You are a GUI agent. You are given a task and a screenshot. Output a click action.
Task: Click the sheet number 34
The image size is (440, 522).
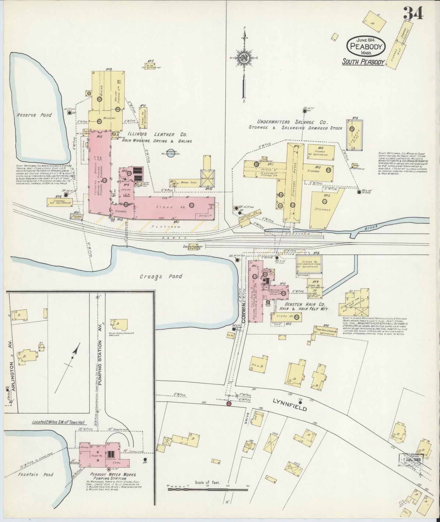(x=413, y=13)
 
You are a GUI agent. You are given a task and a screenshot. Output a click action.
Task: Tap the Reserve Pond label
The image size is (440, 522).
(x=38, y=115)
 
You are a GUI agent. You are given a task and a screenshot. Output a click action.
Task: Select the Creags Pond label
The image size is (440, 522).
(x=161, y=276)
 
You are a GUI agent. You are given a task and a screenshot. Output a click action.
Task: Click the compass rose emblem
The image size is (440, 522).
(x=244, y=58)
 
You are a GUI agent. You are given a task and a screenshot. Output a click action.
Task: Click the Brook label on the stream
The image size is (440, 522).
(x=372, y=226)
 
